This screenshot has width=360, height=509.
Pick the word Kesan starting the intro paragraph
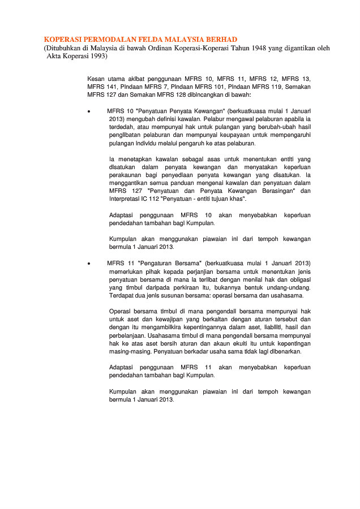pos(97,78)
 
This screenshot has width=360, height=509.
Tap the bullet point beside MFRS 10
pos(89,111)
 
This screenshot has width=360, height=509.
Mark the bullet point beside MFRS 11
pos(89,264)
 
